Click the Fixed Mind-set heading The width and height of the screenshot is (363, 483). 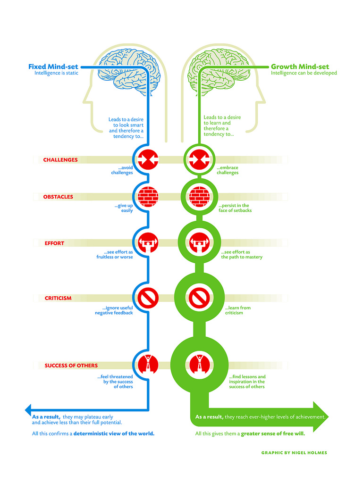pos(53,67)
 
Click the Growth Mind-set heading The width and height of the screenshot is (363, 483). pos(300,67)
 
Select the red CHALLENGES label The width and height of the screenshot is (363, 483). pos(60,160)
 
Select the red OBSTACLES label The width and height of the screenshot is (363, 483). pos(58,197)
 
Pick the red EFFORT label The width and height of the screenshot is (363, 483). pos(54,243)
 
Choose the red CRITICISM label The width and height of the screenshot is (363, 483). pos(58,298)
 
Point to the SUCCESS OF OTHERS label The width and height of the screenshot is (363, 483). pos(71,366)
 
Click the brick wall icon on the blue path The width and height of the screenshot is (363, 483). pos(148,196)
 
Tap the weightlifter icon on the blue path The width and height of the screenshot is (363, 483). pos(148,243)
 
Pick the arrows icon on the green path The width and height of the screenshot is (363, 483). pos(199,159)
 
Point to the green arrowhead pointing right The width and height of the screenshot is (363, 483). pos(320,417)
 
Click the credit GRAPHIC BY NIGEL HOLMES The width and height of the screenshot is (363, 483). pos(294,453)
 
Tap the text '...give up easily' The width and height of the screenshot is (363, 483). pos(123,208)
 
